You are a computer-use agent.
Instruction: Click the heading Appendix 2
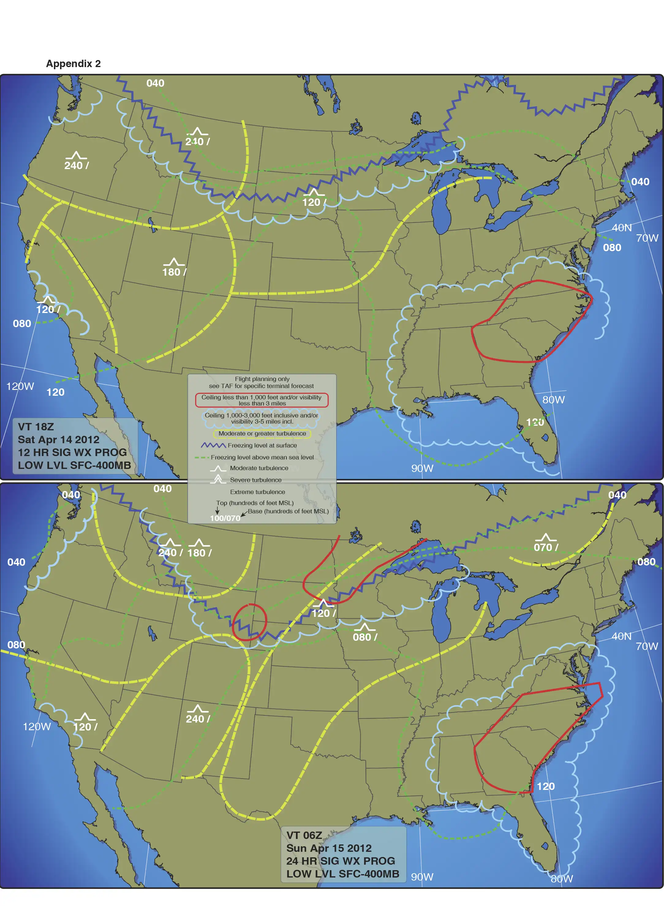73,63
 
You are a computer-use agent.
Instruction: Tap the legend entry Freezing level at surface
262,445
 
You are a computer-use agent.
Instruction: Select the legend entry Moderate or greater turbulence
262,433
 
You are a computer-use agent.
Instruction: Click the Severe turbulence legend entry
256,480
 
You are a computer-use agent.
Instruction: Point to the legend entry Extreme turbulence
257,492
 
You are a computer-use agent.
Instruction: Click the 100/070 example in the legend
225,518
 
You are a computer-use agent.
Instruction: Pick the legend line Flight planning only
262,379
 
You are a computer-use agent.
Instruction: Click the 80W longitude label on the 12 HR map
553,399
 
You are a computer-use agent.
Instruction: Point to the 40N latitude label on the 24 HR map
621,636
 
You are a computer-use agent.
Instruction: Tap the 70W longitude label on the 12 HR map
647,238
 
